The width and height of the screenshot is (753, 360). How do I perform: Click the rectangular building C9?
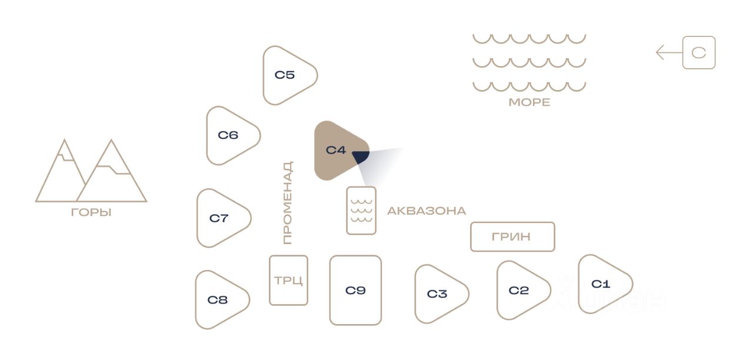click(355, 290)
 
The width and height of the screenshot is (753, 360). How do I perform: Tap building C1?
click(601, 284)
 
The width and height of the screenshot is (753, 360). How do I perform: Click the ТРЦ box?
click(288, 280)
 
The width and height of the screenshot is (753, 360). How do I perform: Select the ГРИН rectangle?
click(512, 236)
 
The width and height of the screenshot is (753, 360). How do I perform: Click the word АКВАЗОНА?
click(427, 211)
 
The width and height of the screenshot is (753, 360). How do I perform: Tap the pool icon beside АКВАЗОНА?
click(361, 211)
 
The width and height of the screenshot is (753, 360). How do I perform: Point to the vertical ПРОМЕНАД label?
click(287, 203)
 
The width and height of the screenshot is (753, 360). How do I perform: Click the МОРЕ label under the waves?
click(529, 102)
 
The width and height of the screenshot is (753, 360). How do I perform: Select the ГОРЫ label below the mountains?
click(91, 213)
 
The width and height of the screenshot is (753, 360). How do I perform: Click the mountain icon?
click(91, 172)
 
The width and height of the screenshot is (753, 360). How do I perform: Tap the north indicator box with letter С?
click(699, 53)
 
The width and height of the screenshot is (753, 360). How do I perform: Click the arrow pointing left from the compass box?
click(668, 53)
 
